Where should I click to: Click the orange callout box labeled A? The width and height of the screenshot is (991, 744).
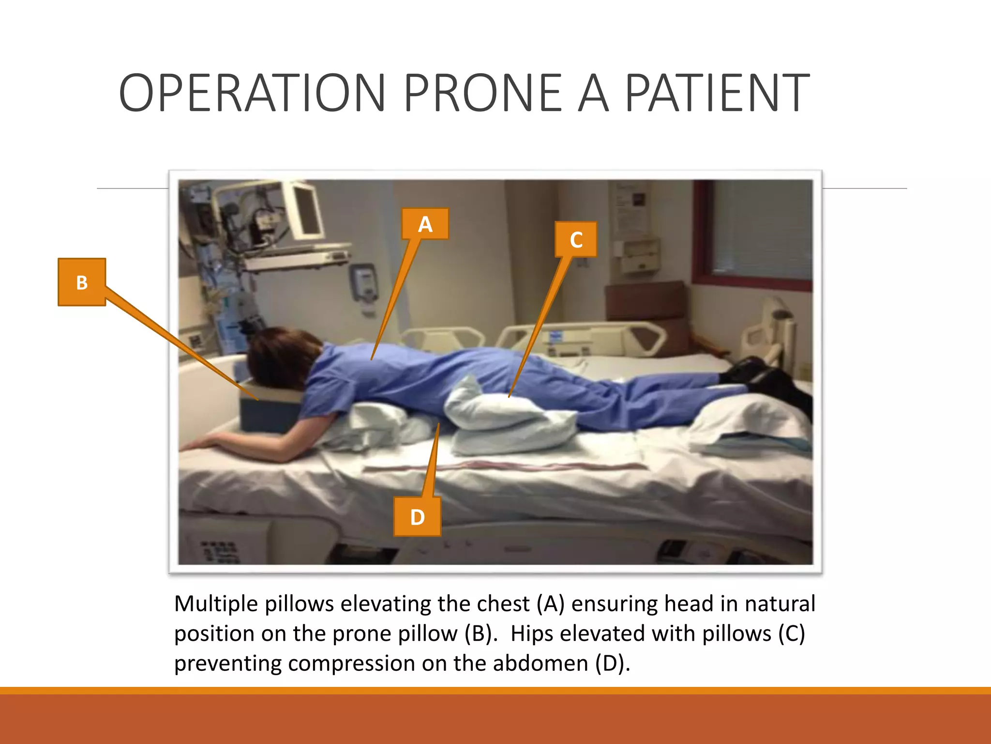click(425, 224)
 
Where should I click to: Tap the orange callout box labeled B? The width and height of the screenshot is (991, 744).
click(82, 282)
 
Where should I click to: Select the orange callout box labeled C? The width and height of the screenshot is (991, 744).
click(576, 239)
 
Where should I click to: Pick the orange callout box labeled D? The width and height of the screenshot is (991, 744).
click(417, 517)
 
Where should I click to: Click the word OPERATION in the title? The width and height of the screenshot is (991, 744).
click(252, 93)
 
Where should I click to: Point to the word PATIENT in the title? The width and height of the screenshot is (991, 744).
click(717, 93)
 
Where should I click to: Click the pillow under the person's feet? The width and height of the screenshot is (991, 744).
click(750, 421)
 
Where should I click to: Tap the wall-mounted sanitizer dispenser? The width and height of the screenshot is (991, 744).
click(364, 286)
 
